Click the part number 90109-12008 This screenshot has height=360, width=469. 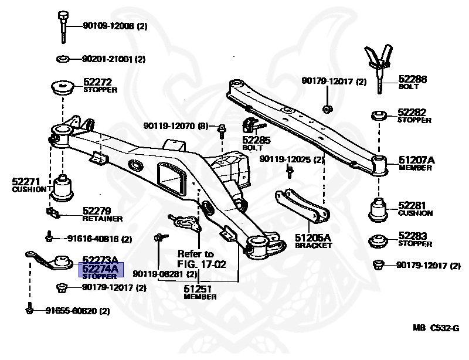[108, 26]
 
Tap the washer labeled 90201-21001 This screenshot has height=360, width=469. [63, 59]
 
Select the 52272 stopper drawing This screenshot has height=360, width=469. [62, 87]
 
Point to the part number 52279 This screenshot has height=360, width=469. [97, 210]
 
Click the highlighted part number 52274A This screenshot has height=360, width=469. [100, 269]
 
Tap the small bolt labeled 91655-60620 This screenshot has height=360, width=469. [29, 308]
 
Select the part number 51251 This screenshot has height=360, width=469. [198, 289]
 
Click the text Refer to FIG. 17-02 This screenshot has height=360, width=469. [201, 259]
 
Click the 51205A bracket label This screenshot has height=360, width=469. [313, 241]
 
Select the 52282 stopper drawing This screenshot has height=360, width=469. [379, 116]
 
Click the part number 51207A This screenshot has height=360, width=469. [417, 160]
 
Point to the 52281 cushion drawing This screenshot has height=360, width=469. [378, 210]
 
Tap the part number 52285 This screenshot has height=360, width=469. [256, 140]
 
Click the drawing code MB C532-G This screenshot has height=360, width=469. [436, 328]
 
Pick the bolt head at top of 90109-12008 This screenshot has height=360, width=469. [63, 16]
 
